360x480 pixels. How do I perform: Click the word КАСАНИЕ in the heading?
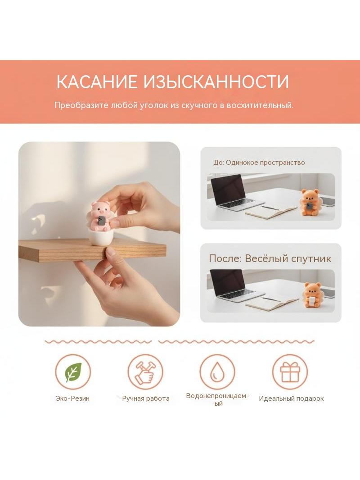[97, 82]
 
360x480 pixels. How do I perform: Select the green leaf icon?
[73, 372]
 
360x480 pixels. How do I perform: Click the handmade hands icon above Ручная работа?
[145, 371]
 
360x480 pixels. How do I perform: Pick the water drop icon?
[217, 371]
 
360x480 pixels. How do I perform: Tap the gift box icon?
[290, 371]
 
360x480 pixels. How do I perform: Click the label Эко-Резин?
[73, 398]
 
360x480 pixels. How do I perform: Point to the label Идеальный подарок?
[291, 398]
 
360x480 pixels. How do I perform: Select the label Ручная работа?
[146, 398]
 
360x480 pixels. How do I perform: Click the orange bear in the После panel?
[312, 295]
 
